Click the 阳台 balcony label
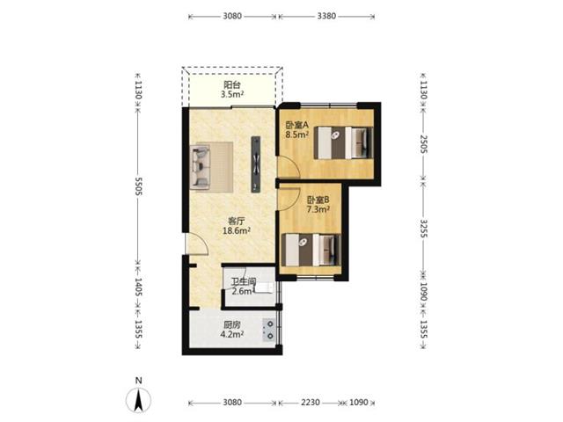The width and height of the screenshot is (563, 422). point(232,85)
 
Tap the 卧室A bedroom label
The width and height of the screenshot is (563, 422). point(297,125)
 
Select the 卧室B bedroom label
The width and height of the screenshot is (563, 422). point(318,200)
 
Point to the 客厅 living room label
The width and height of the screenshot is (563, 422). point(237,221)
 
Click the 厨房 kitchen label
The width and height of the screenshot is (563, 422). point(232,325)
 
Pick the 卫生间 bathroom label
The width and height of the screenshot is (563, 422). point(244,281)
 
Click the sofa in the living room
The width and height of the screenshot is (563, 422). point(200,167)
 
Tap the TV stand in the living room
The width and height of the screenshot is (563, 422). point(256,164)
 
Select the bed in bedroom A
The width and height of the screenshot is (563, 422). point(344,142)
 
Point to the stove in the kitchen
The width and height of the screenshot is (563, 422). point(269,331)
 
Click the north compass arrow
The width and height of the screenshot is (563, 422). point(138,400)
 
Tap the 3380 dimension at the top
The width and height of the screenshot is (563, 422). point(326,16)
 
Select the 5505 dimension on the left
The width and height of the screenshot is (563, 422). point(139,186)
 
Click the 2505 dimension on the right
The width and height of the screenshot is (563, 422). point(424,144)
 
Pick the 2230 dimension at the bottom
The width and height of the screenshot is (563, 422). point(311,403)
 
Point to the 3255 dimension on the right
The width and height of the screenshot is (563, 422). point(424,229)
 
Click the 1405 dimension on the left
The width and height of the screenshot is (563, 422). point(139,287)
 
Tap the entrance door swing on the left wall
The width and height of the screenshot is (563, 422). point(197,244)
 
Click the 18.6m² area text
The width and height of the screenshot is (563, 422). point(237,230)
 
